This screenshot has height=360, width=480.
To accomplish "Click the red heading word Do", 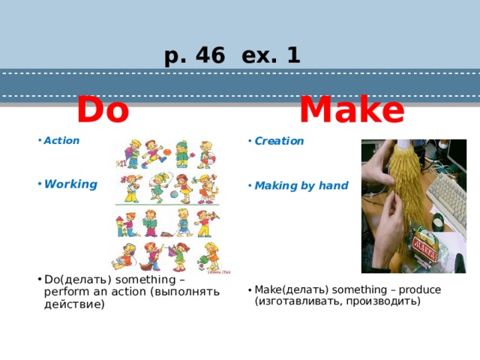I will (x=103, y=110).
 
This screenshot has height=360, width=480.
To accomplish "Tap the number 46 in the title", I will (x=211, y=55).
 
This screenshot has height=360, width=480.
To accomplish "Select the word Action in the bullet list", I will (x=61, y=140).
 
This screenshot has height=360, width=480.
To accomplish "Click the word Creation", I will (x=279, y=140).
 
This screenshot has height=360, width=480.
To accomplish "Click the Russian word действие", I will (x=74, y=304).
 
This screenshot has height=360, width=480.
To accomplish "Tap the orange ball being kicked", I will (x=167, y=152).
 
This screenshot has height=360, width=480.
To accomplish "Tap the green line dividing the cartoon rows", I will (x=169, y=205).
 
